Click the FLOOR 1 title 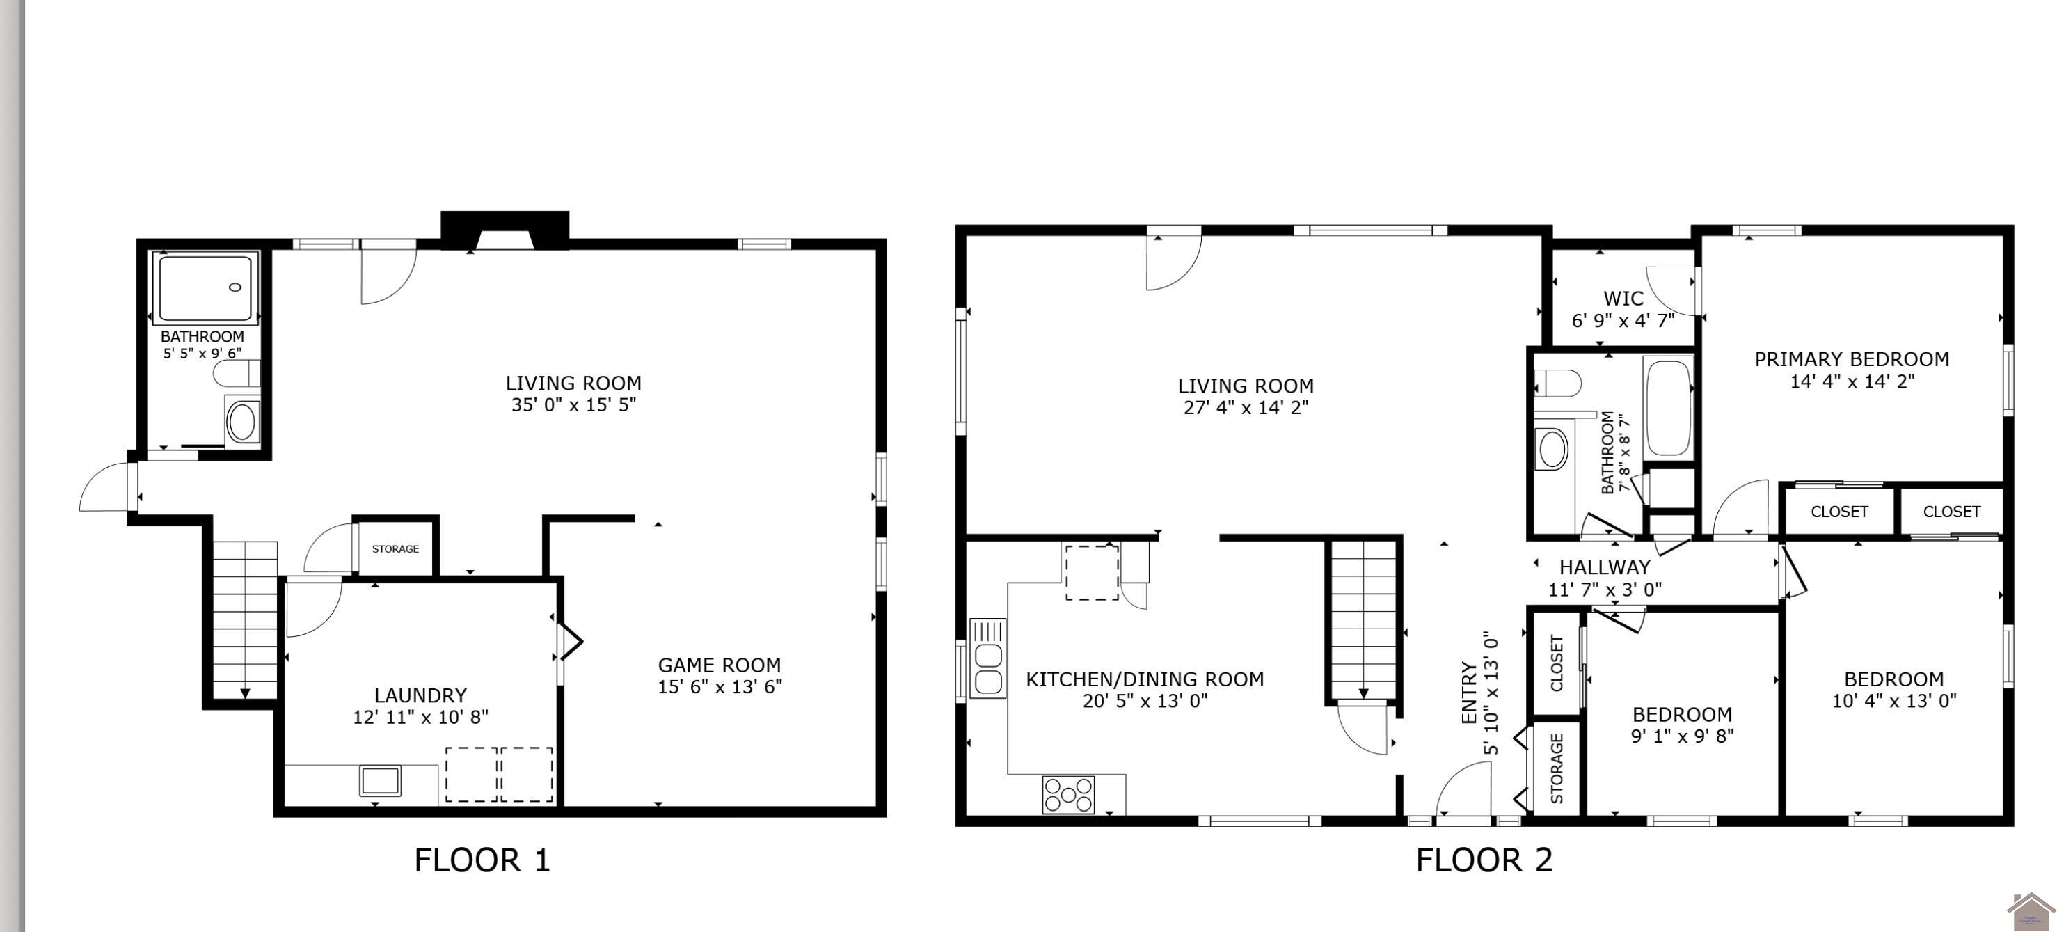pyautogui.click(x=482, y=860)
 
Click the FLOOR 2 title pyautogui.click(x=1484, y=860)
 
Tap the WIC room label pyautogui.click(x=1623, y=299)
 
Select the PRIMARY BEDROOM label pyautogui.click(x=1852, y=359)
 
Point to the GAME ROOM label pyautogui.click(x=720, y=665)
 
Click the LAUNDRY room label pyautogui.click(x=421, y=695)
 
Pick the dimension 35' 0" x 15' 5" pyautogui.click(x=573, y=405)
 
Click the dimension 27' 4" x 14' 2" pyautogui.click(x=1246, y=407)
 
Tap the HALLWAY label pyautogui.click(x=1605, y=568)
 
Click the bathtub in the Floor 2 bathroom pyautogui.click(x=1669, y=408)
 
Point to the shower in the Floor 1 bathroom pyautogui.click(x=207, y=288)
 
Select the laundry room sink pyautogui.click(x=380, y=781)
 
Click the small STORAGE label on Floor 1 pyautogui.click(x=395, y=548)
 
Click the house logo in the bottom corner pyautogui.click(x=2031, y=912)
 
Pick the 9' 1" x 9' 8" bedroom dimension pyautogui.click(x=1683, y=736)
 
